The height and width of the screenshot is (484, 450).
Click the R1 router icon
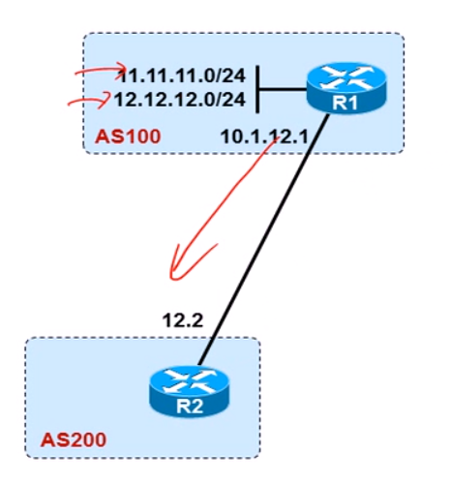(346, 88)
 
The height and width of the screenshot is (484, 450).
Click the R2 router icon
(190, 391)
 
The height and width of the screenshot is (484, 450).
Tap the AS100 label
(128, 136)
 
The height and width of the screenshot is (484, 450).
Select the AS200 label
(74, 439)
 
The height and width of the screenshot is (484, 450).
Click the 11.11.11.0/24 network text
(183, 76)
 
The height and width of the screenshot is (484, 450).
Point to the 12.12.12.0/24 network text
(180, 100)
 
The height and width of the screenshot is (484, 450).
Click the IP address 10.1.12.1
(264, 137)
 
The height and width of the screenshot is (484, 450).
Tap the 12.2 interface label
(183, 320)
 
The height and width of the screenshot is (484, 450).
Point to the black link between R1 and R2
(264, 240)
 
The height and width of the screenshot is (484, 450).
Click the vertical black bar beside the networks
(257, 89)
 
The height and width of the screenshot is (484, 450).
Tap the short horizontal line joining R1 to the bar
(283, 89)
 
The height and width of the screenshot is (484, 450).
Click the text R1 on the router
(345, 104)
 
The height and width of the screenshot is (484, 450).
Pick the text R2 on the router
(190, 407)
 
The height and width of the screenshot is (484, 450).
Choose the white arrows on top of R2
(190, 380)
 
